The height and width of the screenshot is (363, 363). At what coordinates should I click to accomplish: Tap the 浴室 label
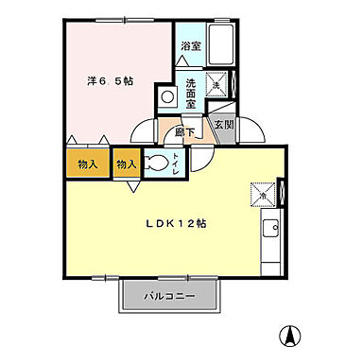190,44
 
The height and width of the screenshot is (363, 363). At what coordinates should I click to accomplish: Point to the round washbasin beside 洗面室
166,96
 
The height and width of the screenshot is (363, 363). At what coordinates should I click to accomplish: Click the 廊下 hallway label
185,131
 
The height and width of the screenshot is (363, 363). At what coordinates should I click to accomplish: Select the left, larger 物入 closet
87,164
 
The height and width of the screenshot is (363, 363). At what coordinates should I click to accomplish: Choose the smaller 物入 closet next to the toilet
126,164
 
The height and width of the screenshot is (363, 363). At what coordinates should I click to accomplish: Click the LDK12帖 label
176,223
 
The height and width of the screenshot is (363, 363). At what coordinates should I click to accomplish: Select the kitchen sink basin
271,228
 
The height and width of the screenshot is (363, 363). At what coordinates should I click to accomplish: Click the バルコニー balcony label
170,296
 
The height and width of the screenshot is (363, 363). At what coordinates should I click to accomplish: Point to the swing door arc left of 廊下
143,133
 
